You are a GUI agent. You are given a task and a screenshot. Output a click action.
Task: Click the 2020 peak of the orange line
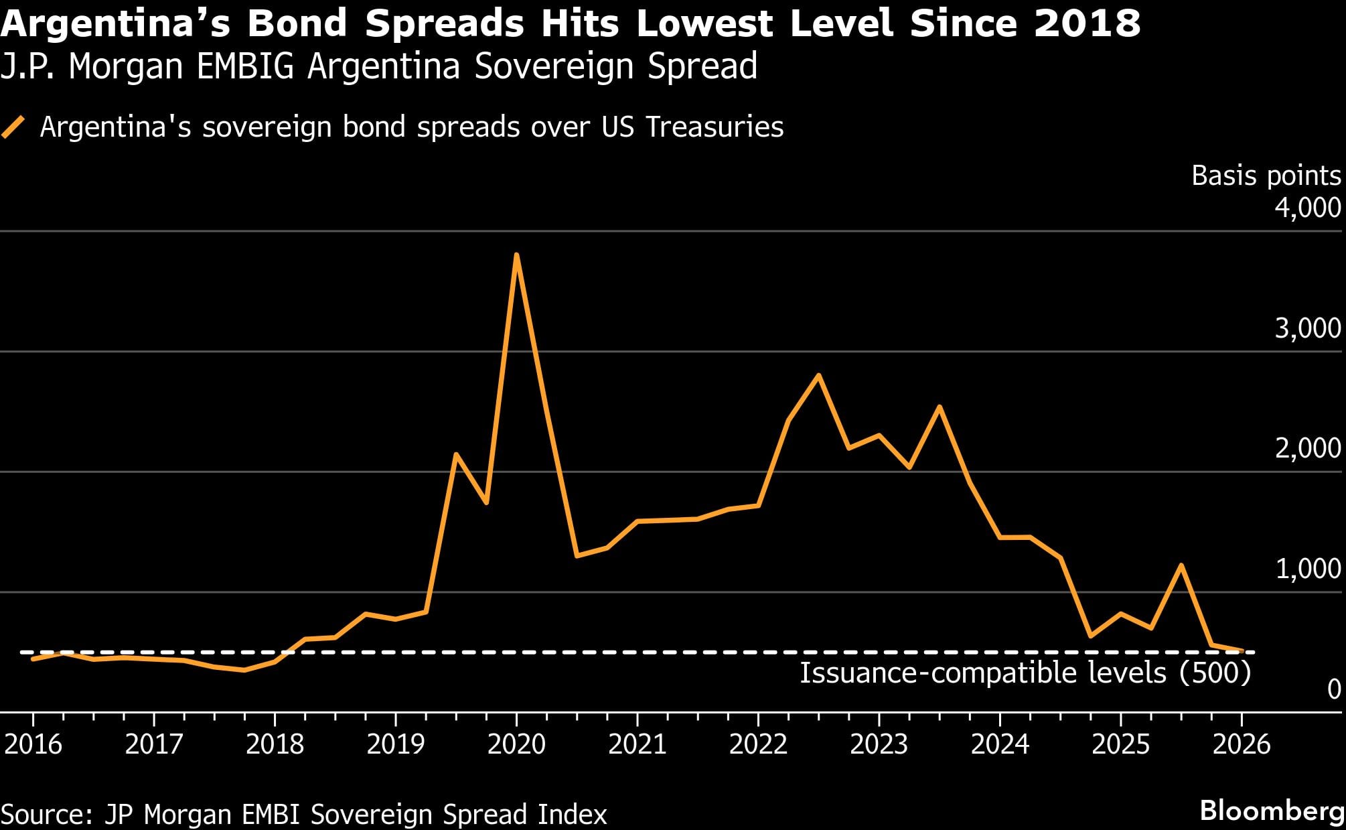[516, 255]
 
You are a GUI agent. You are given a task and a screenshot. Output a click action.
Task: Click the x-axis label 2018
[275, 744]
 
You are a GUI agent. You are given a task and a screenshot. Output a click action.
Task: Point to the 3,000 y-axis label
[1307, 328]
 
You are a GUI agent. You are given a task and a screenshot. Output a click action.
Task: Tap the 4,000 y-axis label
[1307, 208]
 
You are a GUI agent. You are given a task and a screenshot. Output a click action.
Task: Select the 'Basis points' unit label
[1266, 176]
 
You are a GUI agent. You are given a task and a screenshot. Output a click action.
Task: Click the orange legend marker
[13, 127]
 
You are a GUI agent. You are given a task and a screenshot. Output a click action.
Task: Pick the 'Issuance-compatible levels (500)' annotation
[1025, 673]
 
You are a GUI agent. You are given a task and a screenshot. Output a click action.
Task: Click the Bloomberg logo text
[1271, 811]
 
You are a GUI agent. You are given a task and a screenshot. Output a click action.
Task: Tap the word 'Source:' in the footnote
[47, 814]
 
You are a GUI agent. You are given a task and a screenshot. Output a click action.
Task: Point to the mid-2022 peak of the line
[818, 375]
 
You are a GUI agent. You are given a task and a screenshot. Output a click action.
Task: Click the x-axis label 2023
[879, 744]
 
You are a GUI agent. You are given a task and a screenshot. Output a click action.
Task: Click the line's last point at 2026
[1242, 650]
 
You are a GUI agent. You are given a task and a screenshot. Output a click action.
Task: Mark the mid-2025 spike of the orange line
[1181, 565]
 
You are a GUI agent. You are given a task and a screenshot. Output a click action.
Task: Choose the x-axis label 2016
[33, 744]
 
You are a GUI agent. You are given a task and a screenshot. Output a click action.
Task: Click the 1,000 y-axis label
[1307, 569]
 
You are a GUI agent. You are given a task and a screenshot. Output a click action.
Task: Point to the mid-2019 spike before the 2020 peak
[456, 455]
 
